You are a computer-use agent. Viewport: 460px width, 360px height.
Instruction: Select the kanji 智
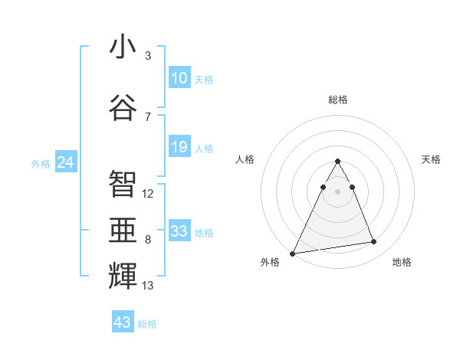point(123,183)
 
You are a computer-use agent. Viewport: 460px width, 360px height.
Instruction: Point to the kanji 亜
point(123,229)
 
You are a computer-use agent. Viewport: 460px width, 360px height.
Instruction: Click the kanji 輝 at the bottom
point(123,275)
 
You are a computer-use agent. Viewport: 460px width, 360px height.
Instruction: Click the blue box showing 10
point(179,78)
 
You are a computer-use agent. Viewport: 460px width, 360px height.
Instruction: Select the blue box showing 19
point(179,147)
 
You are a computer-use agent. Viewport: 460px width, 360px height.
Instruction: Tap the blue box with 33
point(179,231)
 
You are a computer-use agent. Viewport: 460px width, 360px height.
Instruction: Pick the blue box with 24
point(66,162)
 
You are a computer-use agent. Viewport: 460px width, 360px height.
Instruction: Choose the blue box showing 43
point(123,322)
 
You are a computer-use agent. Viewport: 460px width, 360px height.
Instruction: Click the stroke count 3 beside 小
point(148,56)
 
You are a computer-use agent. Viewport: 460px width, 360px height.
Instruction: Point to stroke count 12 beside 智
point(148,194)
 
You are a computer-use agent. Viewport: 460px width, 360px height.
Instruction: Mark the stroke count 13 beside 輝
point(148,286)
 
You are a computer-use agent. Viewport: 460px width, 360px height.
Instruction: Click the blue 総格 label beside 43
point(148,324)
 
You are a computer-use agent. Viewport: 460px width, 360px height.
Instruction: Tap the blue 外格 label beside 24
point(41,164)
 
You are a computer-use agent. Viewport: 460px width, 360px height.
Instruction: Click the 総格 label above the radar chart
point(338,100)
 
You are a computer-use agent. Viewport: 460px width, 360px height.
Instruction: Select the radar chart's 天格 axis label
point(432,159)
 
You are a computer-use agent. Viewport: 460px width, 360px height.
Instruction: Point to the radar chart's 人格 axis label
point(245,159)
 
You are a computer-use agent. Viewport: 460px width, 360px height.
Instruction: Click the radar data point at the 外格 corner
point(293,253)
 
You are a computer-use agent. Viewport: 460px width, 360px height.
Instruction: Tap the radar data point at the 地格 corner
point(374,242)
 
